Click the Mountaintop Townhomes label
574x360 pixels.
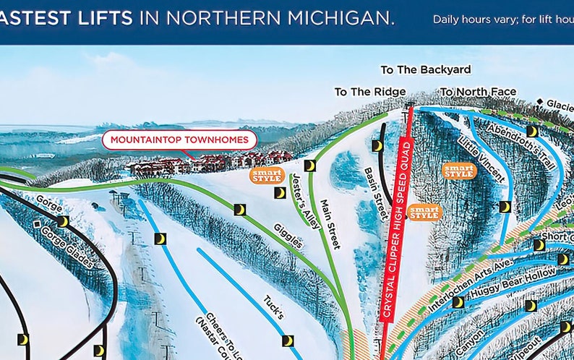[x=179, y=140]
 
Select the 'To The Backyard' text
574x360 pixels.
[x=427, y=70]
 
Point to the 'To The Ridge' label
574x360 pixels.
[x=369, y=92]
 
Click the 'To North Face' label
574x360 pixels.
[x=479, y=92]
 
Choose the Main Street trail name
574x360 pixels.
[x=330, y=224]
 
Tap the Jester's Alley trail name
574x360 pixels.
[x=305, y=202]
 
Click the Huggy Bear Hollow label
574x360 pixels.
[x=513, y=283]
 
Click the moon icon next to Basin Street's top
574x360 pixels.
[x=377, y=145]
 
